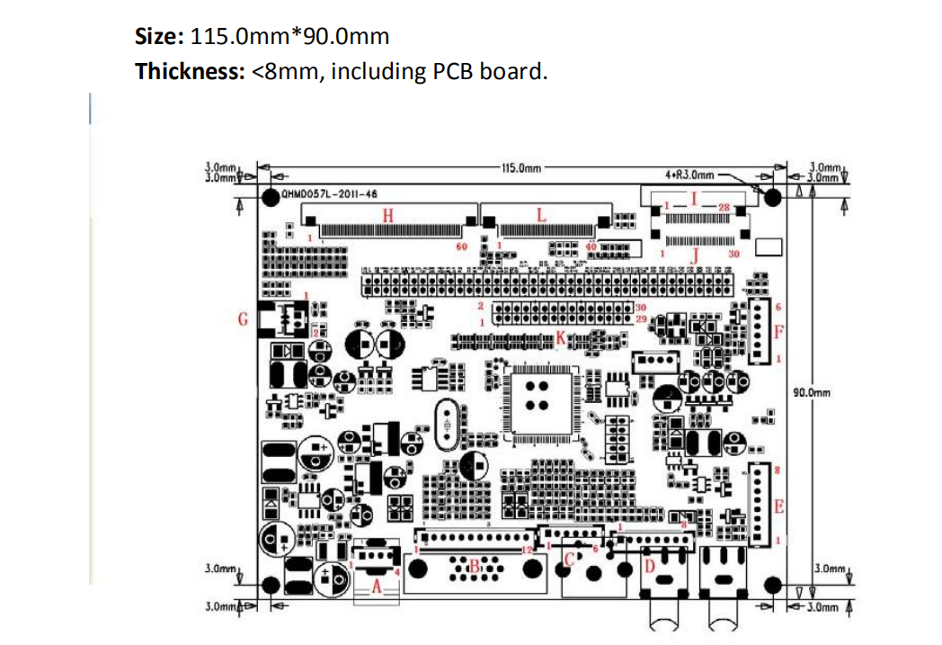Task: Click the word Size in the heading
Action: tap(159, 37)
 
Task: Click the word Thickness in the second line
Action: tap(189, 72)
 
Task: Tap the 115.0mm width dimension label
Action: tap(520, 168)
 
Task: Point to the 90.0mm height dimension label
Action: tap(813, 392)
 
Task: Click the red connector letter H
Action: tap(388, 215)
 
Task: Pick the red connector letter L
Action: tap(541, 215)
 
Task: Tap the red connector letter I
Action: tap(693, 198)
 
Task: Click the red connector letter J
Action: tap(694, 255)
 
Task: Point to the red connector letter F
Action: tap(779, 331)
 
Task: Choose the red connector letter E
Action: tap(779, 506)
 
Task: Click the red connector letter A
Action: tap(378, 586)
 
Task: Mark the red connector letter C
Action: tap(568, 559)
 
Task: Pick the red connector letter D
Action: tap(648, 567)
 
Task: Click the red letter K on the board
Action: tap(561, 338)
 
